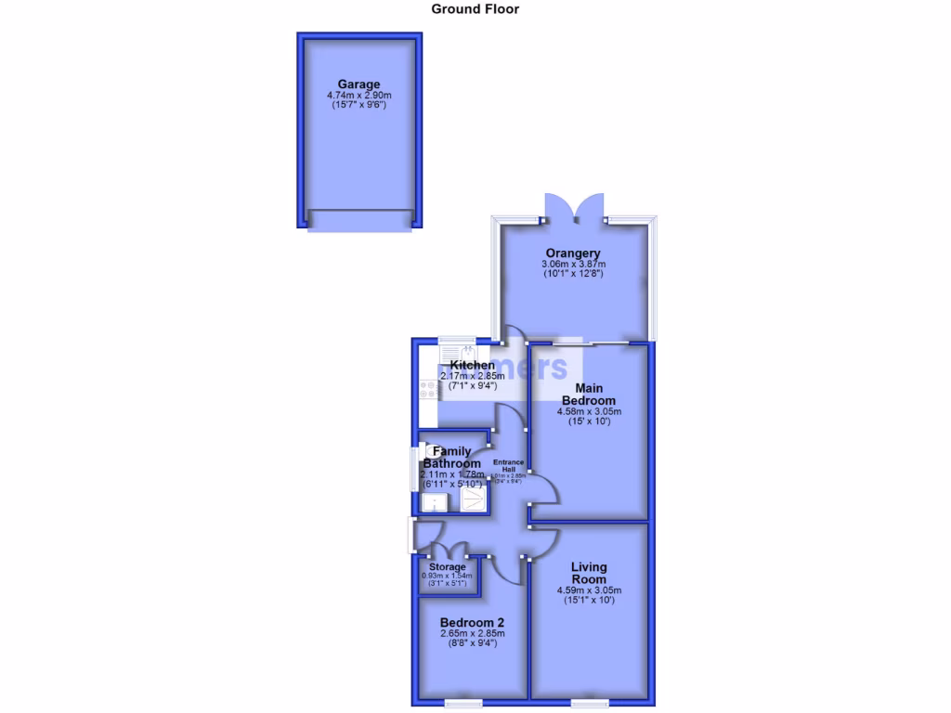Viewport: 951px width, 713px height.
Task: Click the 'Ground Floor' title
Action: [475, 9]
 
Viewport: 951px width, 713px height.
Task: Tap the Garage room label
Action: [358, 84]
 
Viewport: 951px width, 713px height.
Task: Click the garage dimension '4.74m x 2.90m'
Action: [358, 96]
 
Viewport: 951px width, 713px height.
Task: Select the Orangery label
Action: [573, 253]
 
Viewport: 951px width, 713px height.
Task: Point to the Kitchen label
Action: [473, 365]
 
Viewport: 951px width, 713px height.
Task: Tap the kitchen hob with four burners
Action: [429, 390]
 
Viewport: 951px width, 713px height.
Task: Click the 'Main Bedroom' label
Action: [589, 394]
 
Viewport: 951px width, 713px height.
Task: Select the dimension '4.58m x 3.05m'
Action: [589, 411]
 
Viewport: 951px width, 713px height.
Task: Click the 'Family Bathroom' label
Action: [452, 458]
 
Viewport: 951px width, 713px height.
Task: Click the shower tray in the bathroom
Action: [473, 502]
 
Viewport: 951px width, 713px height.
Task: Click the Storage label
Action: [448, 566]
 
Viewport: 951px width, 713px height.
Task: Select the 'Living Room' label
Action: [589, 573]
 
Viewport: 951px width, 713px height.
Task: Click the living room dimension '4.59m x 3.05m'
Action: [589, 590]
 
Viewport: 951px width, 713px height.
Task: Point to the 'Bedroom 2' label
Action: [473, 622]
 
